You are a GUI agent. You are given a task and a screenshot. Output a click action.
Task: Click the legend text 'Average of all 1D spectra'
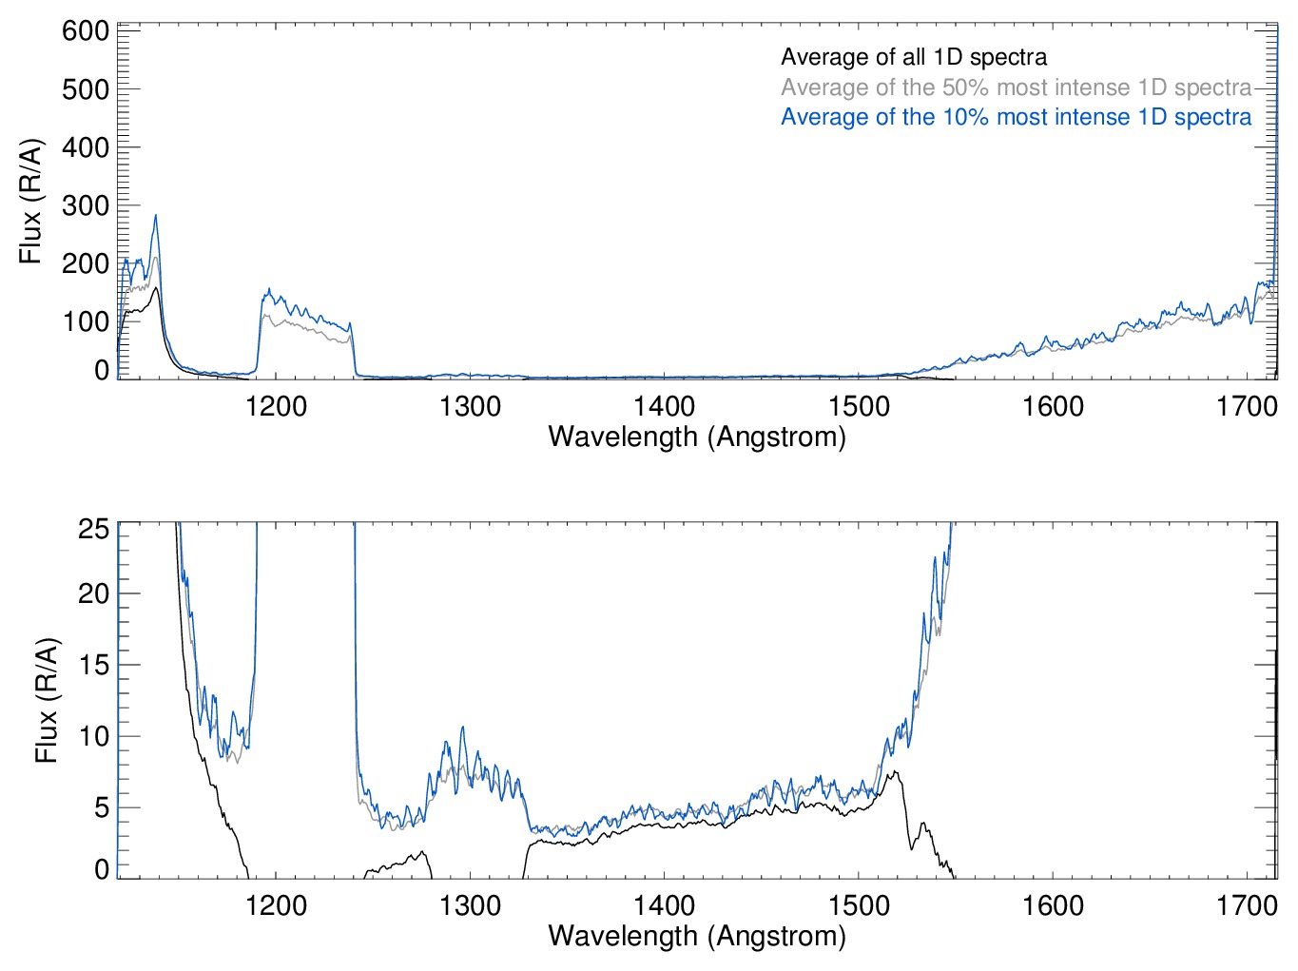pyautogui.click(x=913, y=57)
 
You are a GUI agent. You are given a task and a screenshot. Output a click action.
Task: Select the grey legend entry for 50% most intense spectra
pyautogui.click(x=1016, y=87)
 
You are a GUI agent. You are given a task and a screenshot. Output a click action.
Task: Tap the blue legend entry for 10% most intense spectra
pyautogui.click(x=1016, y=117)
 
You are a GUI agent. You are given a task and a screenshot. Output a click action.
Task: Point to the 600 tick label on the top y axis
pyautogui.click(x=86, y=31)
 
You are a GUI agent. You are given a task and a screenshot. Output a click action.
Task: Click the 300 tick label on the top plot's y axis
pyautogui.click(x=86, y=205)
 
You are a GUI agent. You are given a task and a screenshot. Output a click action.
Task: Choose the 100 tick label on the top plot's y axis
pyautogui.click(x=86, y=321)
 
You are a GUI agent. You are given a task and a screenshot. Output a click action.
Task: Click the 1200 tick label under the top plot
pyautogui.click(x=276, y=407)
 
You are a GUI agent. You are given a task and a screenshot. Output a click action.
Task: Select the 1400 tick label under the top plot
pyautogui.click(x=664, y=407)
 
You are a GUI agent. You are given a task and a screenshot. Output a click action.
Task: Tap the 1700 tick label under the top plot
pyautogui.click(x=1247, y=407)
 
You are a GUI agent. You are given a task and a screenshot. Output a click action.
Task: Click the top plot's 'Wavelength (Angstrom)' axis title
pyautogui.click(x=697, y=437)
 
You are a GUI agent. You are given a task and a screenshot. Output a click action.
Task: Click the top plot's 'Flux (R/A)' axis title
pyautogui.click(x=31, y=201)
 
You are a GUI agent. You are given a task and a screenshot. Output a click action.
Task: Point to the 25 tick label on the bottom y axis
pyautogui.click(x=94, y=529)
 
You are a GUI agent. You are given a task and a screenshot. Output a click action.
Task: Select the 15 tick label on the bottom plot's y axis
pyautogui.click(x=94, y=665)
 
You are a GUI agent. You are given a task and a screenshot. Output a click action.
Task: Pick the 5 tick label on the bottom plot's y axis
pyautogui.click(x=102, y=808)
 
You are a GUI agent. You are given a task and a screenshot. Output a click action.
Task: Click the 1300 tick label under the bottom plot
pyautogui.click(x=470, y=905)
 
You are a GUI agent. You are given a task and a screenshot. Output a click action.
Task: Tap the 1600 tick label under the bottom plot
pyautogui.click(x=1053, y=905)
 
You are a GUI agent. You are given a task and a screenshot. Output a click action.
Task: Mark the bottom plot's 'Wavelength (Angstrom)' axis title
pyautogui.click(x=697, y=936)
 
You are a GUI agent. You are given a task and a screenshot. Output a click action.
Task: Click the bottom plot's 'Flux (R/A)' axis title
pyautogui.click(x=47, y=700)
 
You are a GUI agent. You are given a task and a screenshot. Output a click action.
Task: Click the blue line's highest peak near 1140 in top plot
pyautogui.click(x=155, y=216)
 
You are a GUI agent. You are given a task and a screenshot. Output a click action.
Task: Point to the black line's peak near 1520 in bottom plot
pyautogui.click(x=894, y=772)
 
